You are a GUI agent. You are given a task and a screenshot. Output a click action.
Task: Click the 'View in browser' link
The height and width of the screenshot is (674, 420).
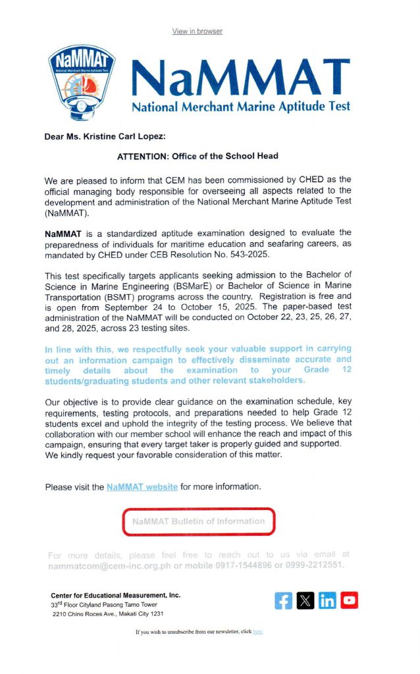pos(197,32)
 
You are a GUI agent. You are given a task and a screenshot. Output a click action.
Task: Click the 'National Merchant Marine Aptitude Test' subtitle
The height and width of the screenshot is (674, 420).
pos(241,106)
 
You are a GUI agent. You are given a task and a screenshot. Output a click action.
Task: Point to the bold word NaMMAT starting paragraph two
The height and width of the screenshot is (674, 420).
pos(63,233)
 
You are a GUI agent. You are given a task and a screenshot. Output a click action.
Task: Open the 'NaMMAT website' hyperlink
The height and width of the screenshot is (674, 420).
pos(142,487)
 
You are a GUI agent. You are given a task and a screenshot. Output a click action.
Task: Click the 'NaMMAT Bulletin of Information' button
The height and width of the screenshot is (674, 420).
pos(198,521)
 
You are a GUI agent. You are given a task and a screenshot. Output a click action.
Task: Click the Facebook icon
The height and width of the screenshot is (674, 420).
pos(284,600)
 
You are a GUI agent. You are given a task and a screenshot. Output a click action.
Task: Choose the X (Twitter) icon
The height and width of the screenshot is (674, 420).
pos(305,600)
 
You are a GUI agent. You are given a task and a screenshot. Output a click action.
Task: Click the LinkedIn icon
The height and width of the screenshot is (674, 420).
pos(327,600)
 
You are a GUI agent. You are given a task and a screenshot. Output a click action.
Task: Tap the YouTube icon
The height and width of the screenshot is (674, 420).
pos(349,600)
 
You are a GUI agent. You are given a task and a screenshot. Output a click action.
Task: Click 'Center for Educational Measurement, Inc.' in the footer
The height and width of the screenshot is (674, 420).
pos(115,595)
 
